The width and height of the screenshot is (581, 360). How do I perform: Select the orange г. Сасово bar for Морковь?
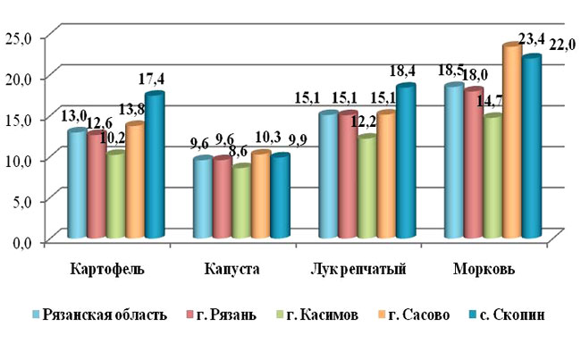click(511, 143)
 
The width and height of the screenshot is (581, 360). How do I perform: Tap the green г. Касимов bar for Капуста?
click(241, 203)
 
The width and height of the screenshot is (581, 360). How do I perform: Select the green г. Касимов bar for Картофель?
click(115, 196)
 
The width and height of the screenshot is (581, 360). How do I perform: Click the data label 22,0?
click(563, 44)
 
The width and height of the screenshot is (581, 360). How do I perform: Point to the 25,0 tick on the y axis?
click(18, 37)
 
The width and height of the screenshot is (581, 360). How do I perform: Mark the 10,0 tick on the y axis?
click(18, 160)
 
